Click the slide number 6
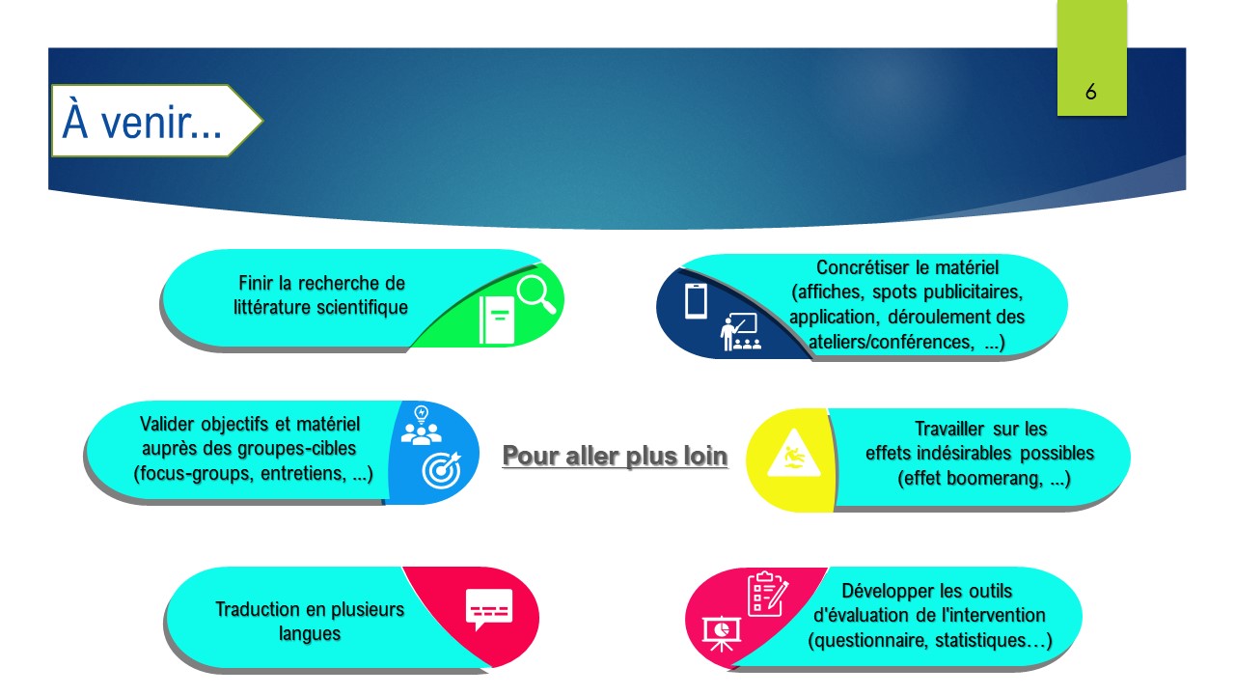pos(1090,92)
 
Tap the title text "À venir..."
pos(142,121)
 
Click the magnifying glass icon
pos(535,294)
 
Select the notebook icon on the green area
pos(497,320)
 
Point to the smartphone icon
pos(696,301)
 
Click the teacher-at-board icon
pos(740,332)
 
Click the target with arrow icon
pos(442,470)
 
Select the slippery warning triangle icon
pos(794,454)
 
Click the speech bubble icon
pos(489,609)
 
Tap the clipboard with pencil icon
pos(768,594)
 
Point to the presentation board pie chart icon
pos(721,633)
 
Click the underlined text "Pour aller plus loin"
pos(615,457)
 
